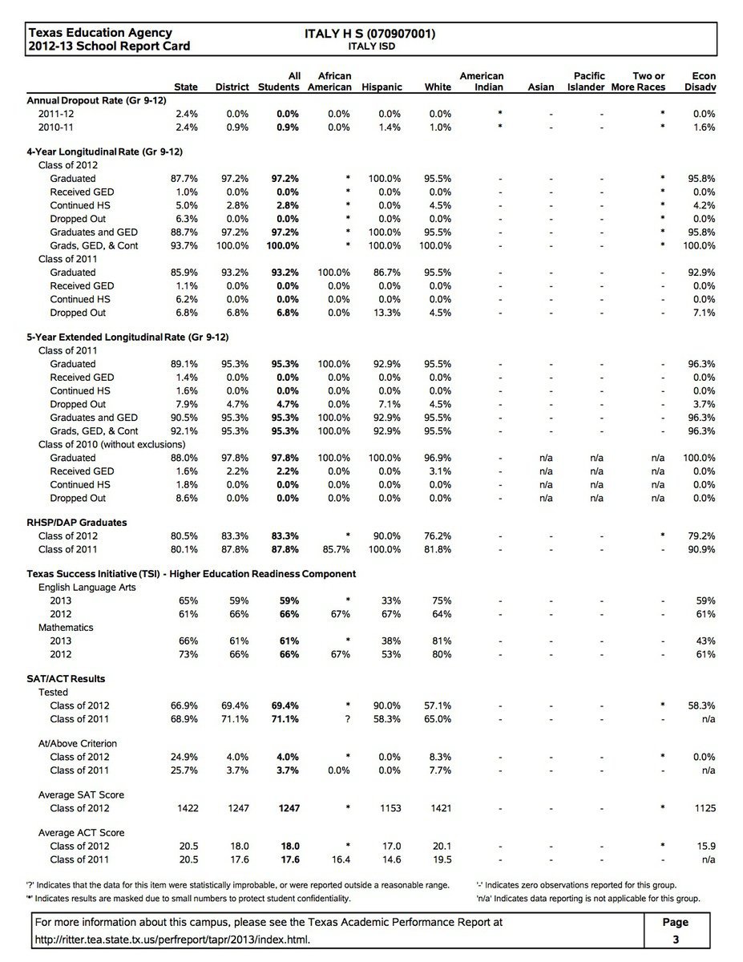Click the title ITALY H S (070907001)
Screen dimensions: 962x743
[370, 33]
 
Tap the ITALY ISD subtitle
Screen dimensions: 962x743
[370, 46]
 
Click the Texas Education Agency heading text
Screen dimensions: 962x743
[100, 33]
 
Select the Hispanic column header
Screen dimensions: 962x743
[382, 87]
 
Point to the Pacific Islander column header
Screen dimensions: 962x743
[589, 82]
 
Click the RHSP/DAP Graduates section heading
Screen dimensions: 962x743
[77, 523]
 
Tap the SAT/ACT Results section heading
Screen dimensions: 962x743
[66, 679]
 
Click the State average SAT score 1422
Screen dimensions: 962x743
[187, 808]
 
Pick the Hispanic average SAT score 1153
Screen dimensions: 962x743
[390, 808]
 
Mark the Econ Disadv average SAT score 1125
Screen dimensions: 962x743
[703, 808]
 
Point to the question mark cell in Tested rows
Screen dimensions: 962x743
[347, 719]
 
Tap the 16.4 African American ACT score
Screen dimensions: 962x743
[341, 859]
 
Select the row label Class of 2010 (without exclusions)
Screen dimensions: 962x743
[112, 444]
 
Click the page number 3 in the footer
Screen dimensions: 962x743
[675, 939]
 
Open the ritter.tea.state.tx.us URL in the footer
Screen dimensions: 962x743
[172, 939]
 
